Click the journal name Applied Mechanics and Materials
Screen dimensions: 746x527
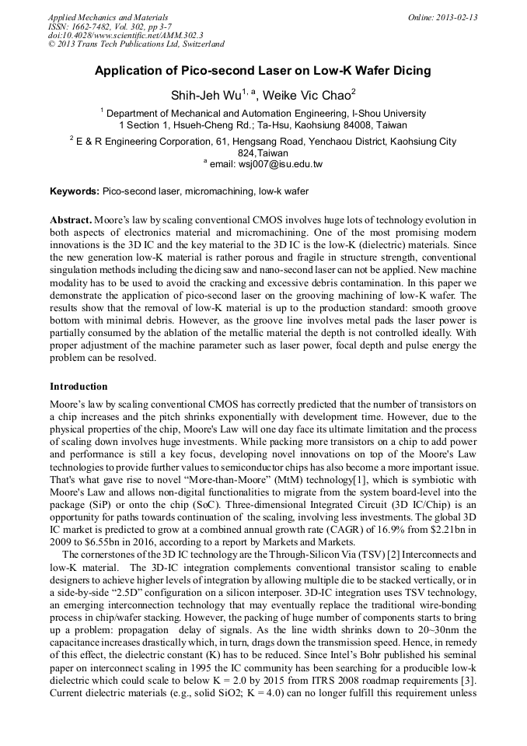coord(108,17)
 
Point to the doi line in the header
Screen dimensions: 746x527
coord(125,35)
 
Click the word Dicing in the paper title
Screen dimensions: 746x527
coord(409,71)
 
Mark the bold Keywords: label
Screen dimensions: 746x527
coord(75,191)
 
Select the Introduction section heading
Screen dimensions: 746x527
coord(79,387)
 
